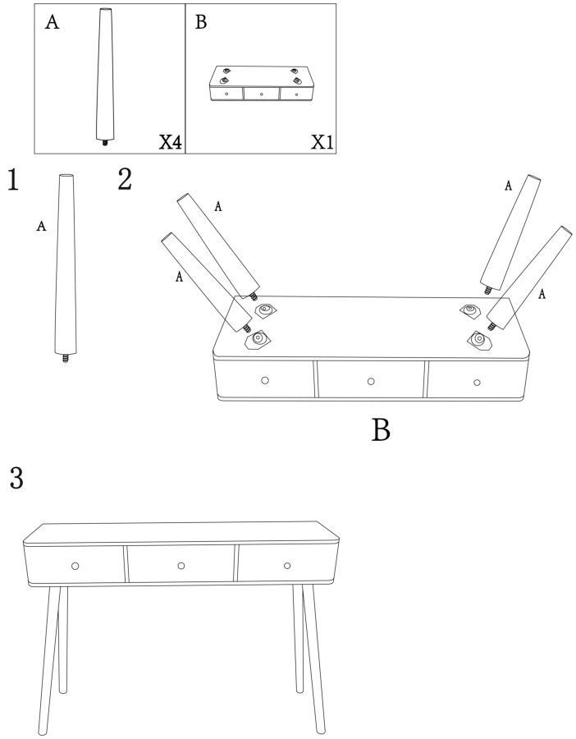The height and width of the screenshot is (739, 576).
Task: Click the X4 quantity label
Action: tap(170, 141)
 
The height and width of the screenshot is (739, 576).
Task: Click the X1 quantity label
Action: tap(322, 141)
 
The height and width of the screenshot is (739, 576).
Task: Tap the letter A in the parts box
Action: tap(53, 22)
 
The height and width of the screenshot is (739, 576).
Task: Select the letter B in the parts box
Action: tap(201, 22)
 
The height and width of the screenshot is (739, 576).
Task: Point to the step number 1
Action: tap(12, 180)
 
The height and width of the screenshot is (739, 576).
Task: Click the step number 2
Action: tap(125, 180)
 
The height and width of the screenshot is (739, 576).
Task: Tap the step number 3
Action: tap(16, 478)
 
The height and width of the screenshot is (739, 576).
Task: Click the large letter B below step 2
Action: tap(381, 429)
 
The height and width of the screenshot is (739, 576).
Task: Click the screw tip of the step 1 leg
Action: tap(65, 360)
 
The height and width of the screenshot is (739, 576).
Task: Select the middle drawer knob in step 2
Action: tap(371, 381)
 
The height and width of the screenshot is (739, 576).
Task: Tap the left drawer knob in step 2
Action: tap(265, 380)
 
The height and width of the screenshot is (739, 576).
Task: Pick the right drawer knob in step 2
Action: tap(477, 382)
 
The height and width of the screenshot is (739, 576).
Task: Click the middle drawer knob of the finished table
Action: tap(181, 566)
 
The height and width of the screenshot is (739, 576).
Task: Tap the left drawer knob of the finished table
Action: tap(75, 566)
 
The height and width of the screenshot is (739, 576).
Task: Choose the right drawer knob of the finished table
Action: tap(287, 566)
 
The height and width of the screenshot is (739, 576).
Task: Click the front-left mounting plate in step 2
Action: tap(258, 339)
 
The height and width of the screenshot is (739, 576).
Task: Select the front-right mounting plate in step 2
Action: tap(479, 339)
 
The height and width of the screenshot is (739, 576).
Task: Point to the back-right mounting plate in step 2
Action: tap(470, 310)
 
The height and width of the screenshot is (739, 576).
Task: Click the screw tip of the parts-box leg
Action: tap(104, 142)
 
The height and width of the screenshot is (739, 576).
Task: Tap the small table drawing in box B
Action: tap(262, 84)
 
